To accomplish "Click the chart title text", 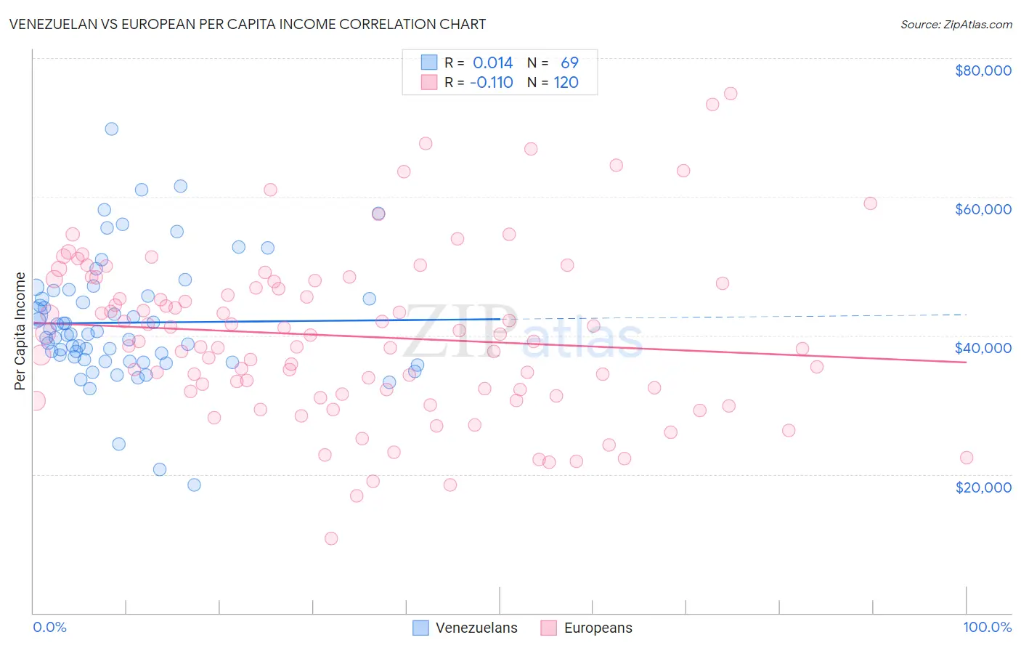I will tap(248, 24).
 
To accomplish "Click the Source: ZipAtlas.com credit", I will tap(956, 24).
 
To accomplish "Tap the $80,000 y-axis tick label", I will tap(983, 70).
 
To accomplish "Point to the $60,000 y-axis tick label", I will tap(983, 209).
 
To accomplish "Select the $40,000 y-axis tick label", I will tap(983, 348).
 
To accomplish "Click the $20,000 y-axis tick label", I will tap(983, 487).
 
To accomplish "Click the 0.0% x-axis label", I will tap(49, 627).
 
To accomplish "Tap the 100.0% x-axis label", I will tap(987, 627).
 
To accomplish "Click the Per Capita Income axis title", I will tap(20, 331).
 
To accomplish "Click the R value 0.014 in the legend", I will tap(492, 63).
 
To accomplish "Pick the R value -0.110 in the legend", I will tap(491, 83).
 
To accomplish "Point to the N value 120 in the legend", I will tap(566, 83).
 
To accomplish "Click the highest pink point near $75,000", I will tap(731, 94).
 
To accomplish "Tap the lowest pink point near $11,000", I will tap(331, 538).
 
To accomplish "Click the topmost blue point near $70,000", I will tap(112, 129).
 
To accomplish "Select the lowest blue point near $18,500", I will tap(194, 485).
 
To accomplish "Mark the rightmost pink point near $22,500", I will tap(966, 458).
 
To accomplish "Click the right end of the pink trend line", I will tap(966, 362).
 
